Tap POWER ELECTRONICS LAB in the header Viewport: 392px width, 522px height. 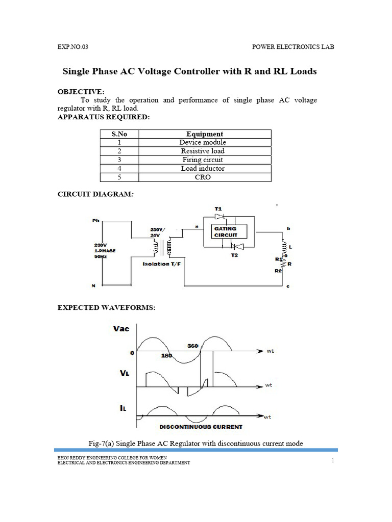click(293, 46)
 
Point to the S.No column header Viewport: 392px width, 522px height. click(118, 134)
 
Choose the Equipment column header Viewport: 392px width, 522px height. click(205, 134)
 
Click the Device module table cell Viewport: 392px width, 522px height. click(203, 143)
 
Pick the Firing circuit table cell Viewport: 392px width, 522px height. click(203, 160)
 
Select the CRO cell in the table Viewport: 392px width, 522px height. click(203, 177)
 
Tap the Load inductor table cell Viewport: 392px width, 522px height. click(203, 169)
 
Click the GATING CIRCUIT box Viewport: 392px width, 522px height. click(225, 232)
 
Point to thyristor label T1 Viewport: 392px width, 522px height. click(218, 209)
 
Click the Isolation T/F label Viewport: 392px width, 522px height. click(162, 264)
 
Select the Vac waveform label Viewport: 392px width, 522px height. click(121, 329)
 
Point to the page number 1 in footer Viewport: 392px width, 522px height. click(332, 460)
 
